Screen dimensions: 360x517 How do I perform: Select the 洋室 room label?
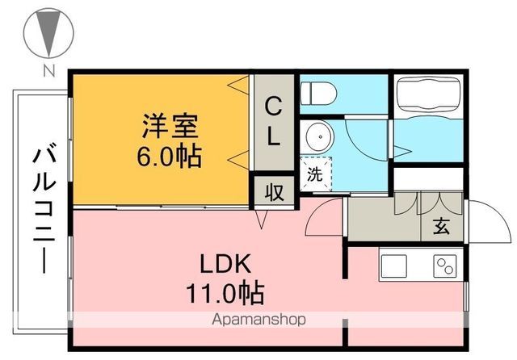170,126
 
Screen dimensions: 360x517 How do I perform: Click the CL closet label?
274,121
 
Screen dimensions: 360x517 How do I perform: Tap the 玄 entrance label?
441,226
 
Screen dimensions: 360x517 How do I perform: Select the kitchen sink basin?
397,266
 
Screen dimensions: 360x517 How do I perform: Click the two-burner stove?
445,266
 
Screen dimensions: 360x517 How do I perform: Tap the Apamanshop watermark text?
258,320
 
